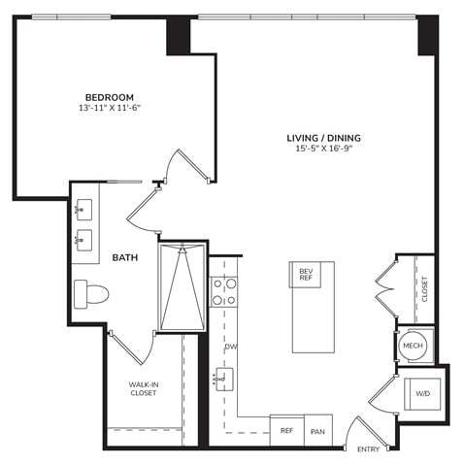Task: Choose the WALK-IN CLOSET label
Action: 144,390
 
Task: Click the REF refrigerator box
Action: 287,430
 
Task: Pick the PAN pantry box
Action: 317,431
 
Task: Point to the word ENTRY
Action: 368,449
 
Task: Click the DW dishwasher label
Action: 231,347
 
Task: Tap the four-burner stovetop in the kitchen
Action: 224,290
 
